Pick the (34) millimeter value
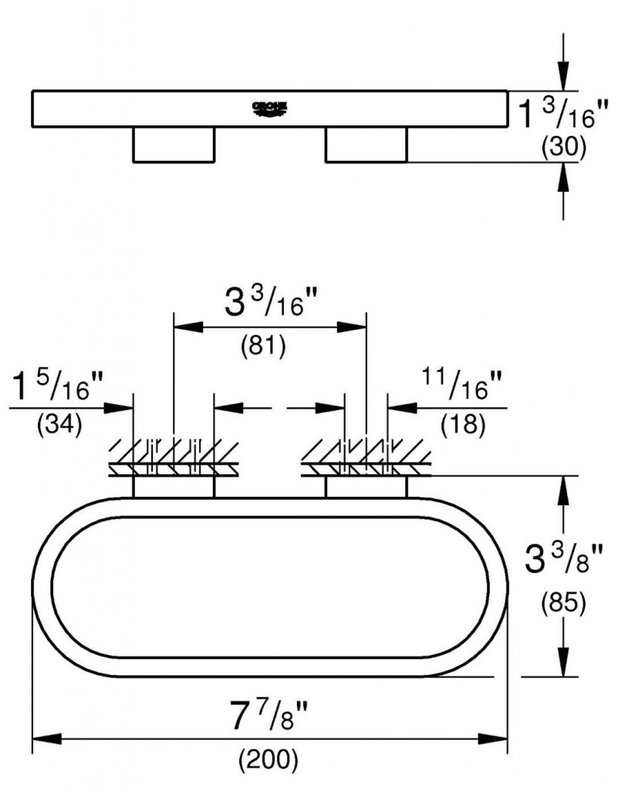click(59, 426)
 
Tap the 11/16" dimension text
click(461, 386)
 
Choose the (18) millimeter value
click(462, 424)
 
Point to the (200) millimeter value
click(268, 760)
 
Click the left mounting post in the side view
click(174, 144)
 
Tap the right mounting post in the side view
click(366, 144)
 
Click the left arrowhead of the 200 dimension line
click(42, 739)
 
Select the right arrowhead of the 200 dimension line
click(495, 739)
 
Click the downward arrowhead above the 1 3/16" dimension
click(565, 79)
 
